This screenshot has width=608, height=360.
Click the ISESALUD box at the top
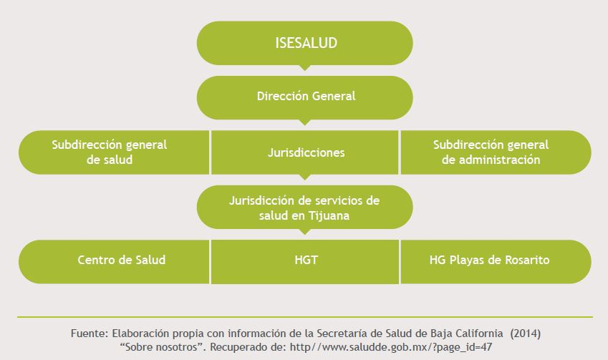[x=305, y=43]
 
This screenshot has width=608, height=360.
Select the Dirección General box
[x=305, y=97]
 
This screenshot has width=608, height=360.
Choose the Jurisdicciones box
[x=305, y=152]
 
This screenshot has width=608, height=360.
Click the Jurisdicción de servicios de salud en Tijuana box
[x=305, y=207]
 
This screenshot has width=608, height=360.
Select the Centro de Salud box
[x=122, y=261]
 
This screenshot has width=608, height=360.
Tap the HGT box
[x=305, y=261]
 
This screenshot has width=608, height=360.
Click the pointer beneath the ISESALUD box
[x=305, y=68]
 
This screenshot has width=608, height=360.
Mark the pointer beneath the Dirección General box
[x=305, y=122]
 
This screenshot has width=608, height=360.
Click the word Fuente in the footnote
[x=88, y=334]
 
